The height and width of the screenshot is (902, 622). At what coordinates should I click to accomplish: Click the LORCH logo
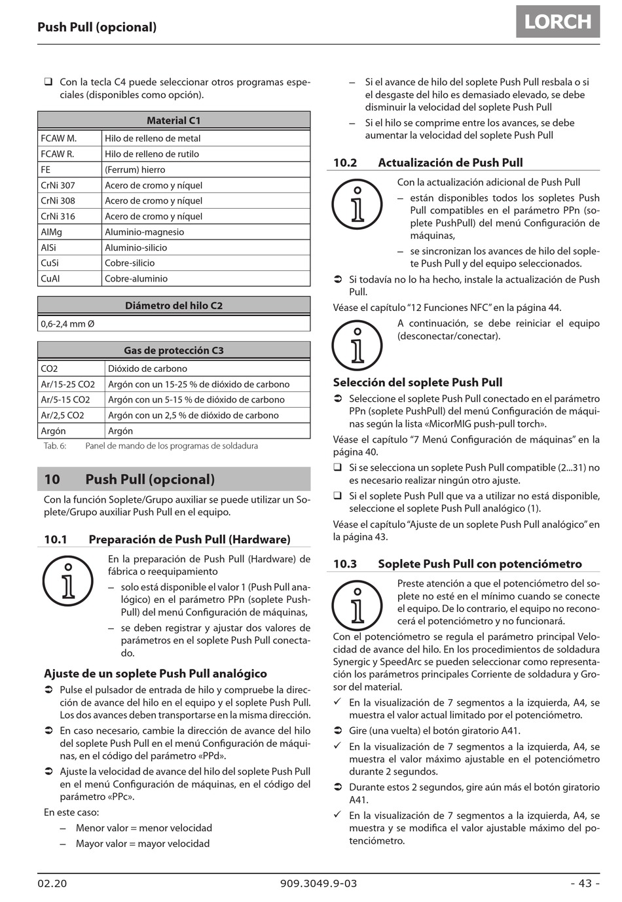coord(558,22)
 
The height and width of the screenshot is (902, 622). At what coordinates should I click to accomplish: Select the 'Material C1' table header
coord(174,120)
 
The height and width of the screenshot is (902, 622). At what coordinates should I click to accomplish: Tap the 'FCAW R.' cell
coord(58,154)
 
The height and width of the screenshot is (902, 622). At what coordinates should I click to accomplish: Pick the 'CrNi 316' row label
coord(58,216)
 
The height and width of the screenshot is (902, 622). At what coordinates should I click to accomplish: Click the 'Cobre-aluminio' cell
coord(136,278)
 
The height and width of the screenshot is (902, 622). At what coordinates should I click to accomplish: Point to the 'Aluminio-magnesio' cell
coord(145,232)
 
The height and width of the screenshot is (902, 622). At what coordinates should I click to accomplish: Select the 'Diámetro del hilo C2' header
coord(174,306)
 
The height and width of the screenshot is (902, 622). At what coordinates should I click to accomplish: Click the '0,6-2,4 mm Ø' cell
coord(68,323)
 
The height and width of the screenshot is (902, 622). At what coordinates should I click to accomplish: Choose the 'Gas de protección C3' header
coord(174,350)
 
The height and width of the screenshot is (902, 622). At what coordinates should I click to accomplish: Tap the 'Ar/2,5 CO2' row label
coord(63,415)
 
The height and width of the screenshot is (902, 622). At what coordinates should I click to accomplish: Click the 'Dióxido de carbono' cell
coord(147,369)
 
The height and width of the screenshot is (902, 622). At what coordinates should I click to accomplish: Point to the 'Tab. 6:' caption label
coord(55,446)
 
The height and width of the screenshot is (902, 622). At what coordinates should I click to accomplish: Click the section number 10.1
coord(56,539)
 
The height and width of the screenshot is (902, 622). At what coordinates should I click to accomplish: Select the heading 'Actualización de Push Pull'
coord(450,162)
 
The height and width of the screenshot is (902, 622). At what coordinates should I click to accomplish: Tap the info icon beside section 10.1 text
coord(68,580)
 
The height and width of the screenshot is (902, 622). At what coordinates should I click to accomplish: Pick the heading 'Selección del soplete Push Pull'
coord(418,382)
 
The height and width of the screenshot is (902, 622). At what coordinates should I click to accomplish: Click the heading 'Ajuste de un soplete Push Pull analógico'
coord(155,673)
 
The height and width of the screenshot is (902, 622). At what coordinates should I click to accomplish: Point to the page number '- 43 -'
coord(585,883)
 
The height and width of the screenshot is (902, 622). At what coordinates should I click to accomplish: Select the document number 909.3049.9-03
coord(319,883)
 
